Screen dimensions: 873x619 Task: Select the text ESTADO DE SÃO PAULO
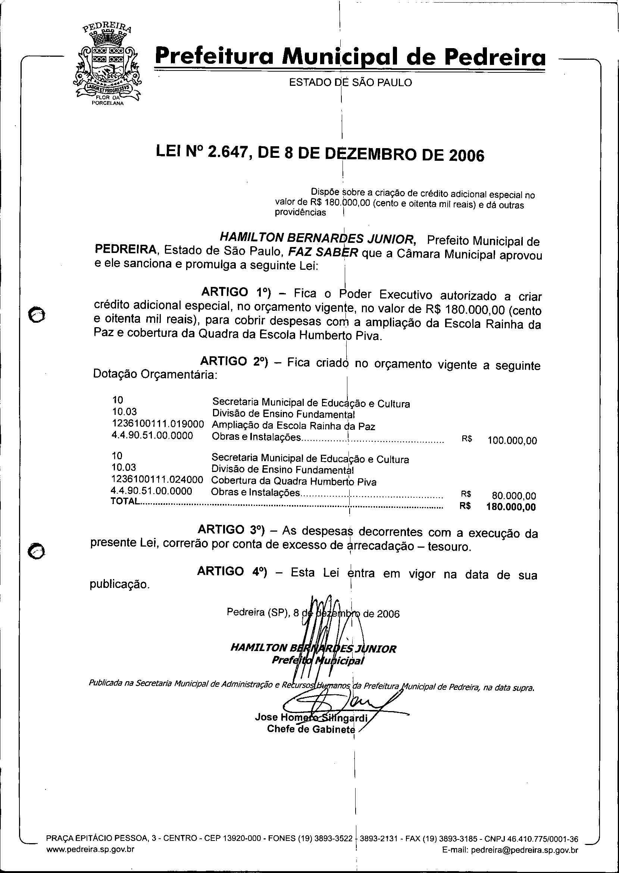(x=350, y=82)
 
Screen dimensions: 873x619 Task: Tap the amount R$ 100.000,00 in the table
(x=512, y=441)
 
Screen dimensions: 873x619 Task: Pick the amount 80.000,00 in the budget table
(x=514, y=496)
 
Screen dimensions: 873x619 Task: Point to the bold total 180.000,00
(x=511, y=507)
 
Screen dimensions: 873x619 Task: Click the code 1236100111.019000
(x=158, y=424)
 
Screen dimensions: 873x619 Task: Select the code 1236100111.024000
(x=157, y=479)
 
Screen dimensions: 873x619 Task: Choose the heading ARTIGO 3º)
(x=231, y=530)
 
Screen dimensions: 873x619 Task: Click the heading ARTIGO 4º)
(x=232, y=571)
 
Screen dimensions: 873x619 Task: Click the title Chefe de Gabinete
(x=311, y=729)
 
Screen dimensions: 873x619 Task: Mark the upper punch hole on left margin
(x=37, y=315)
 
